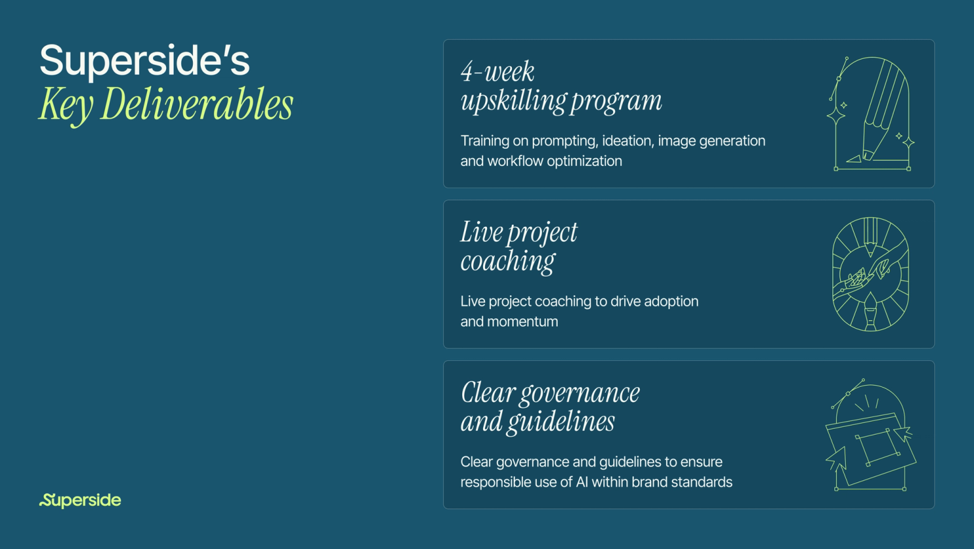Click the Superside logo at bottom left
[x=80, y=500]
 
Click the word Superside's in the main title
[x=144, y=60]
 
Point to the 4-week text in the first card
[x=497, y=72]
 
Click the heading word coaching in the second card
[x=508, y=261]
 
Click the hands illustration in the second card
[x=870, y=274]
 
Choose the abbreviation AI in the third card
[x=582, y=482]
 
